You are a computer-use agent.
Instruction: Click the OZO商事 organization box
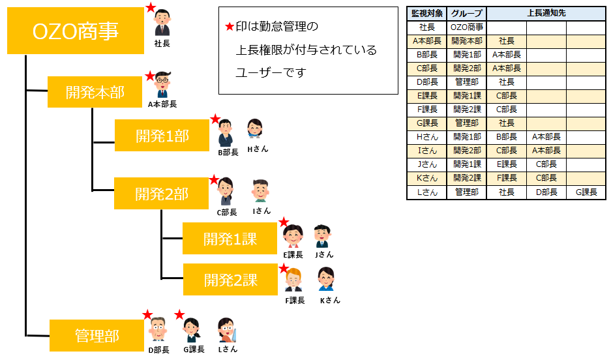75,31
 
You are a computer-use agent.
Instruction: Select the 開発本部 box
95,92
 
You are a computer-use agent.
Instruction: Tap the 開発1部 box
162,136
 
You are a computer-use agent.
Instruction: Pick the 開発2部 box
162,193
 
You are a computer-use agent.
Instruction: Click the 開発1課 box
230,239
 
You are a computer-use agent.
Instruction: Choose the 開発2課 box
230,280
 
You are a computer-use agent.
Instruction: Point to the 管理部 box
96,336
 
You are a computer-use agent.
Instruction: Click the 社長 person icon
162,23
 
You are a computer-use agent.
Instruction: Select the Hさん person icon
255,129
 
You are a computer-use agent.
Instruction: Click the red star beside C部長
213,179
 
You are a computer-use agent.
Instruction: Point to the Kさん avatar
327,280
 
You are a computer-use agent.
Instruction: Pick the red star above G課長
179,315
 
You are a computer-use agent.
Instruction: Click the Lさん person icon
226,329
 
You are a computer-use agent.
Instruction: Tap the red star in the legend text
228,27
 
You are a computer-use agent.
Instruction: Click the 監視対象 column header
427,13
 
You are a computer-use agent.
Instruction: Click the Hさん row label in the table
427,137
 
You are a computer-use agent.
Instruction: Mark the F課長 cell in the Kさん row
506,177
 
